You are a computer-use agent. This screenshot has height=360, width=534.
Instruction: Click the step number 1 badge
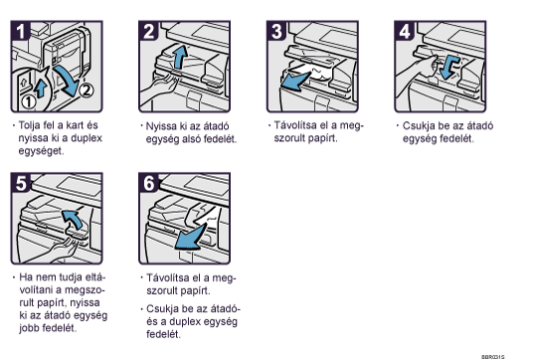point(20,31)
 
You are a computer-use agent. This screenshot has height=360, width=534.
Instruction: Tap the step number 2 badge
point(148,31)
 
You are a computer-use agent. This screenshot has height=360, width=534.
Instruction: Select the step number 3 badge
point(275,31)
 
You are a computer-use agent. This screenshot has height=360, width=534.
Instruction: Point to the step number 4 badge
point(404,31)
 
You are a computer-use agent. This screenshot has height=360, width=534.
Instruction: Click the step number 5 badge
point(20,183)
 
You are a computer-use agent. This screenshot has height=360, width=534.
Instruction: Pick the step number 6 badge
point(148,183)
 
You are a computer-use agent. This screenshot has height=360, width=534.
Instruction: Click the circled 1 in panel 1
point(29,101)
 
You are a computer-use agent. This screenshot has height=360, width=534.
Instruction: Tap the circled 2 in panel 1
point(87,90)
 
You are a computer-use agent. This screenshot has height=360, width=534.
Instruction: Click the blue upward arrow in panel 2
point(179,57)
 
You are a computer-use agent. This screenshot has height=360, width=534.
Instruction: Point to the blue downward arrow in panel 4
point(448,67)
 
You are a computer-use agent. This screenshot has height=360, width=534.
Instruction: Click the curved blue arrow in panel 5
point(74,218)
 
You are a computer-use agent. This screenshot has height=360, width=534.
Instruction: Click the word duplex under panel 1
point(87,138)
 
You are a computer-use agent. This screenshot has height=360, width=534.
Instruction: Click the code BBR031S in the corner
point(493,357)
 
